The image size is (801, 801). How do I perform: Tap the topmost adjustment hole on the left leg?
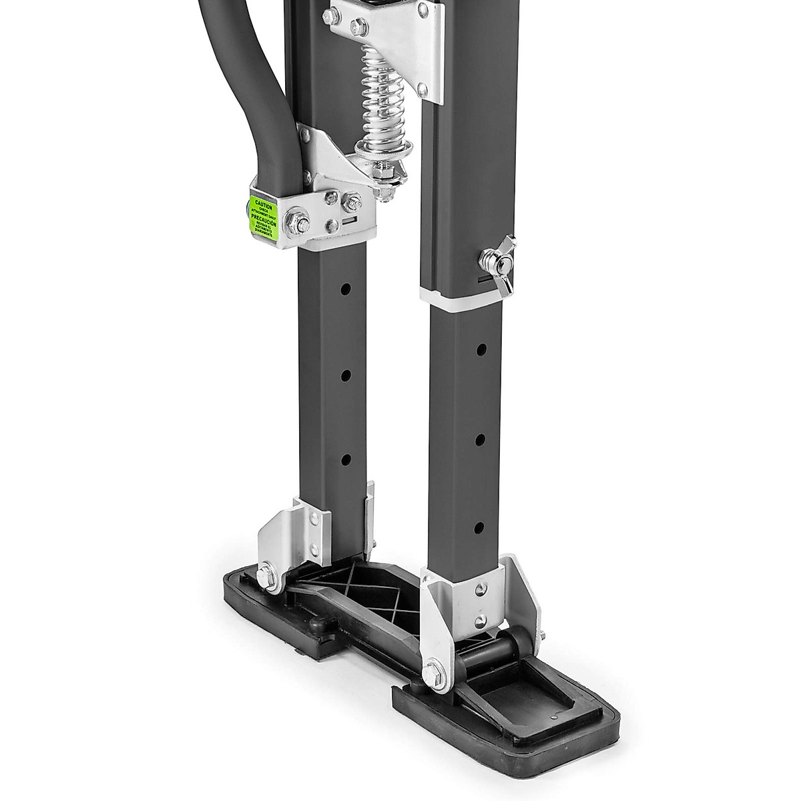tap(346, 291)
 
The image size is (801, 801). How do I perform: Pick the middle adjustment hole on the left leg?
tap(346, 376)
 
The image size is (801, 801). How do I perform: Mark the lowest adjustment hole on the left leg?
tap(346, 460)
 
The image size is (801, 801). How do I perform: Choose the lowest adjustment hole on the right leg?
tap(479, 527)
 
